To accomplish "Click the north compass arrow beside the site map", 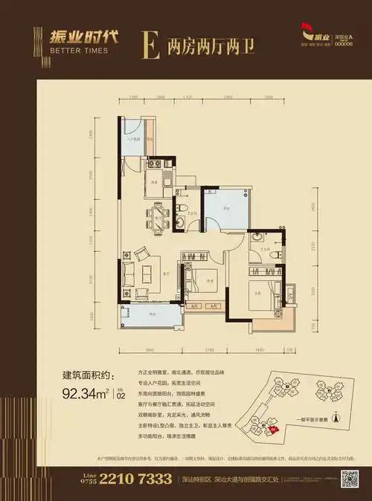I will pyautogui.click(x=336, y=418).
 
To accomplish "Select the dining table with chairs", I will pyautogui.click(x=158, y=217).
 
